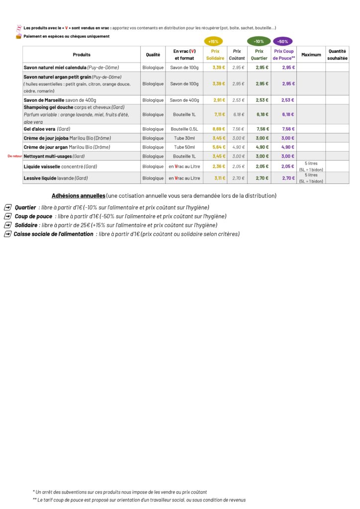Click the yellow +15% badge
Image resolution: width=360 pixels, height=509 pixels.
213,41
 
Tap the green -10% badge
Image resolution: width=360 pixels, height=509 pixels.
259,41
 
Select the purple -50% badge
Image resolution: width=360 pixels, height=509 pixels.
283,41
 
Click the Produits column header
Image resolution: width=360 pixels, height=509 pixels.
82,55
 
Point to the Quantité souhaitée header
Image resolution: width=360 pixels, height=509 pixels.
337,55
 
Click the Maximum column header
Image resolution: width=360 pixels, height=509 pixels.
311,55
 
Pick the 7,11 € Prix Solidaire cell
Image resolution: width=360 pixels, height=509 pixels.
219,114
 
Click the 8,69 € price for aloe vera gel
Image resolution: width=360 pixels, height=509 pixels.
219,129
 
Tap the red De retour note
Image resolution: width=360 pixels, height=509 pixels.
15,156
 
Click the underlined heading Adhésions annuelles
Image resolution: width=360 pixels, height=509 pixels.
78,196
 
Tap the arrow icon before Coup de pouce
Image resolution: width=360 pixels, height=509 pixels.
7,216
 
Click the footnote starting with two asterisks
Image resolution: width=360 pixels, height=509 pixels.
139,500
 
